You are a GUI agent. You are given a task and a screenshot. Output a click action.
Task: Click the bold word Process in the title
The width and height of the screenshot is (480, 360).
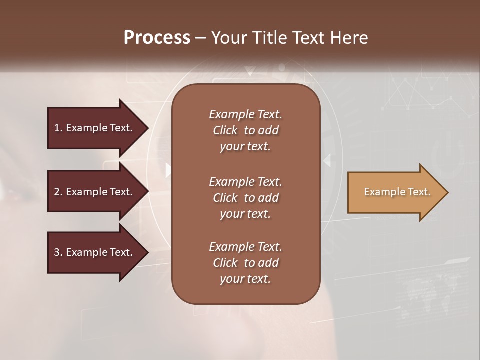click(157, 37)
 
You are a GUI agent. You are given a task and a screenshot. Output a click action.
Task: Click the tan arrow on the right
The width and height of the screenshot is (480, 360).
click(395, 192)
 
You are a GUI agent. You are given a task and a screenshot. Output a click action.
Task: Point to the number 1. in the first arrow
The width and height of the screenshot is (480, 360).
click(58, 128)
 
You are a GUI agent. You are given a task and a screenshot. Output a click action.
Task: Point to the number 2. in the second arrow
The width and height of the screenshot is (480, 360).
click(58, 192)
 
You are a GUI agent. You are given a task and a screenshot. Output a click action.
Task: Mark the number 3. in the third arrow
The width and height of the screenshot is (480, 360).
click(58, 252)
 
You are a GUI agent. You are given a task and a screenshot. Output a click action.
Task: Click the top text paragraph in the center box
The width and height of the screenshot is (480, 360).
click(245, 130)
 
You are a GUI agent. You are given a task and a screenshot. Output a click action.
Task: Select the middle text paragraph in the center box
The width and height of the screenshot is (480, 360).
click(245, 198)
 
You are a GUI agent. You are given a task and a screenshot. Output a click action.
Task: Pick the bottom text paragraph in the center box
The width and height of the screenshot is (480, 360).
click(245, 263)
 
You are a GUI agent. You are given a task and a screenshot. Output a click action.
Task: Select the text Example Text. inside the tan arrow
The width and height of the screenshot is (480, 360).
click(397, 192)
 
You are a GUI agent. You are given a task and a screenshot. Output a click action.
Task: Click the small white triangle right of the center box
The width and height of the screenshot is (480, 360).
click(327, 160)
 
